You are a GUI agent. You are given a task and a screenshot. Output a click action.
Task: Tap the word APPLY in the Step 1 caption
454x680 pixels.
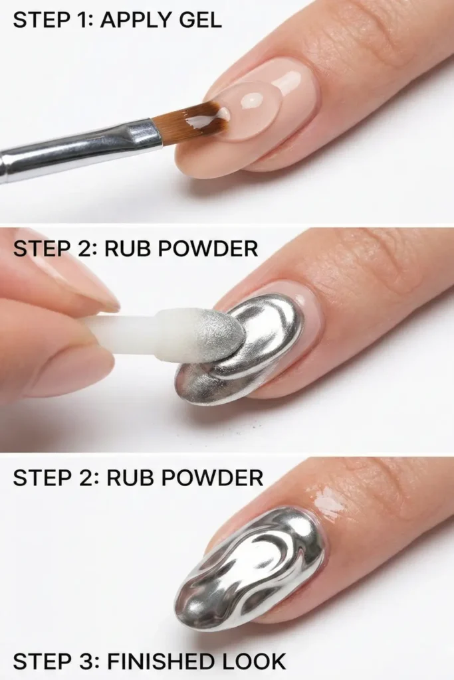tap(132, 19)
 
